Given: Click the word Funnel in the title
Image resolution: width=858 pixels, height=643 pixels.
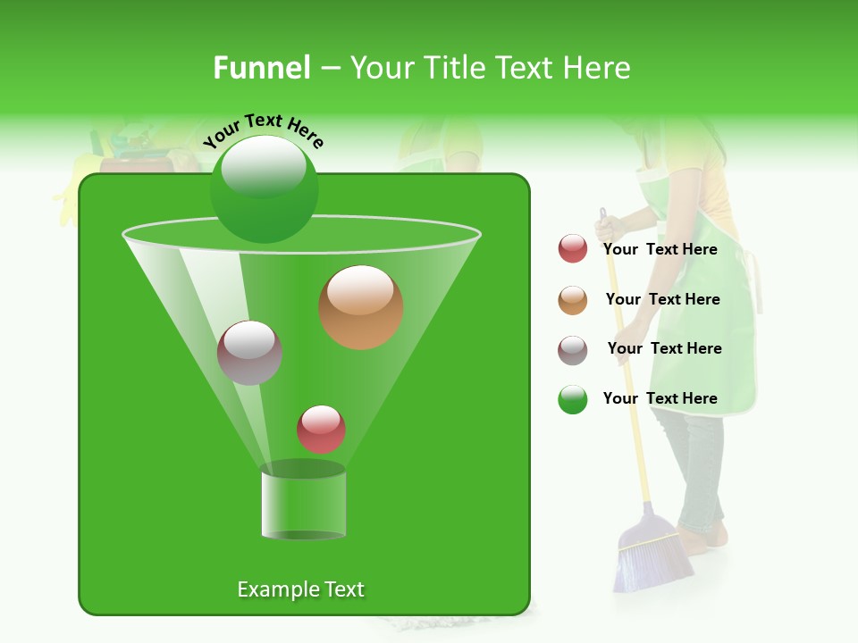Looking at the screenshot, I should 261,68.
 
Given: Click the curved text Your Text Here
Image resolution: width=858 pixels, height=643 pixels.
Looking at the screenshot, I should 264,130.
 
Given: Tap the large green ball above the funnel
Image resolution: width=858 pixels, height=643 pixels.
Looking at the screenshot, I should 264,188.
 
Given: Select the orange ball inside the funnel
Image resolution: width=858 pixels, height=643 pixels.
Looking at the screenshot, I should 361,307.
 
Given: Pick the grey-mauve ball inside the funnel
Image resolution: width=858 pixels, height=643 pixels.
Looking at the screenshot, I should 250,353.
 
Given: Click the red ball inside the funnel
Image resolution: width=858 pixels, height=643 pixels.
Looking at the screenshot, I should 322,430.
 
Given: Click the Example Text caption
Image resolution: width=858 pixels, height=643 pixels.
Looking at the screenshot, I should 300,589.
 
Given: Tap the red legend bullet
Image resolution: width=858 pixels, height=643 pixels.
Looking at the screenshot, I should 573,249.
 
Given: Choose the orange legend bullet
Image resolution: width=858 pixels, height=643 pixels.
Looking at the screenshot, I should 573,300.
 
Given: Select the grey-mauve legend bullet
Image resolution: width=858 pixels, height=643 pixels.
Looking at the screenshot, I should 573,350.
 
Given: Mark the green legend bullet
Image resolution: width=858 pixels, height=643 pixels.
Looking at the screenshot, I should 573,399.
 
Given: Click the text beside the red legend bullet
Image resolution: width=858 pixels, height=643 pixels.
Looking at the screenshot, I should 660,249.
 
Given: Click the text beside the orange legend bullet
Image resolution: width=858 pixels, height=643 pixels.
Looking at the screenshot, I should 662,299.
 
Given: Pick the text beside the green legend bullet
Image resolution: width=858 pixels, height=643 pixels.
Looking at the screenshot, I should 660,398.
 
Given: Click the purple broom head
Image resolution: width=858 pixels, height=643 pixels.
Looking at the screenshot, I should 652,554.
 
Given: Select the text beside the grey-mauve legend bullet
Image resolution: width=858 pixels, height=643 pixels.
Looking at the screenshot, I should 664,348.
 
